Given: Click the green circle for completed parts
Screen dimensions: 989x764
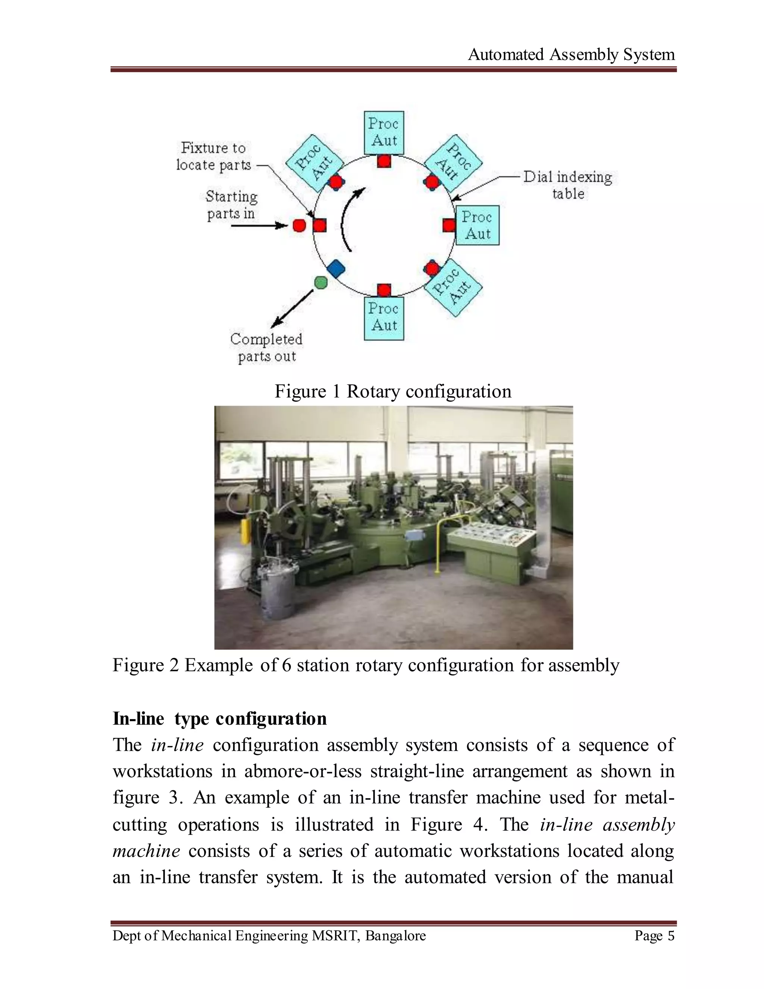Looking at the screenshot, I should (x=320, y=283).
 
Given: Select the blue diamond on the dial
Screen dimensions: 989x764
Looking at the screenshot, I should (x=335, y=269).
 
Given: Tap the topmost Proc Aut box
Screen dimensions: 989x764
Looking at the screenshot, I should (x=384, y=132).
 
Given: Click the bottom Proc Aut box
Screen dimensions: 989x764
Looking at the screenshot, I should (x=384, y=318).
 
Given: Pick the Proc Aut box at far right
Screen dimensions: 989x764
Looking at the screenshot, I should (x=477, y=225).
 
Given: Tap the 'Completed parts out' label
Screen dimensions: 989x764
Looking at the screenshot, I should (x=266, y=347).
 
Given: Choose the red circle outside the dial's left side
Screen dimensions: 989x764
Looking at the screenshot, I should (x=299, y=225).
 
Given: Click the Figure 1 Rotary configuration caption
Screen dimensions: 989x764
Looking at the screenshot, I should (x=393, y=391).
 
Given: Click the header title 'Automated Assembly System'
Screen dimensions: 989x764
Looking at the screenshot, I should (x=571, y=55).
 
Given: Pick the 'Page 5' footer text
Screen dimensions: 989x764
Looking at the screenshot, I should (x=654, y=936).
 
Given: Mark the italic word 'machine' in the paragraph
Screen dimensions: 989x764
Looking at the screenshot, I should (x=146, y=851).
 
